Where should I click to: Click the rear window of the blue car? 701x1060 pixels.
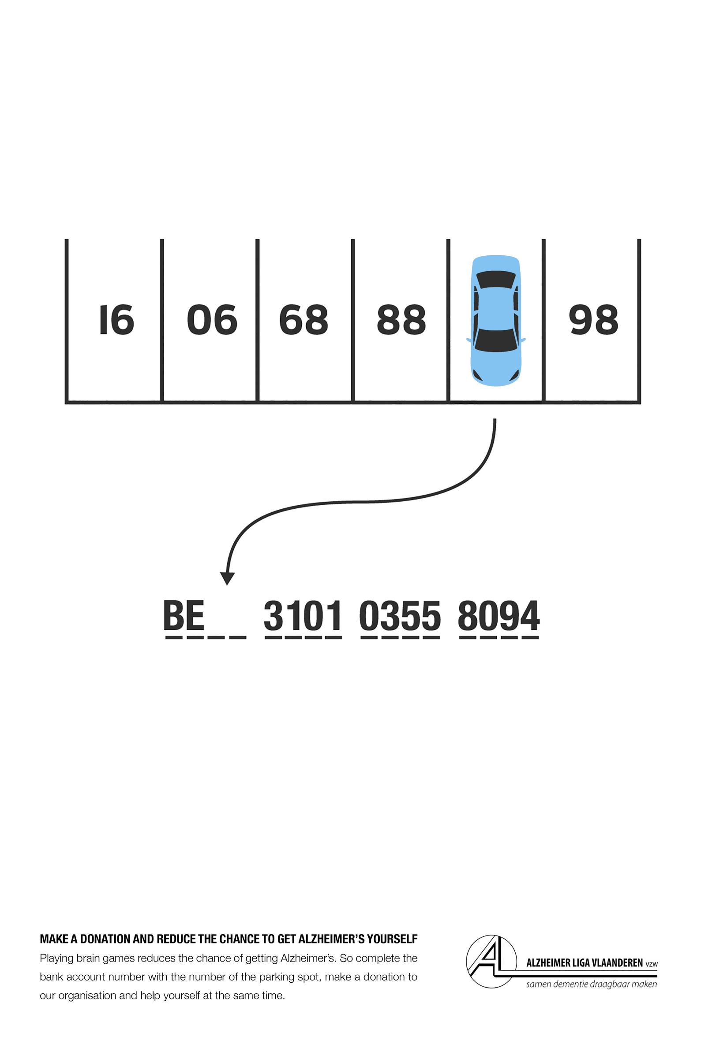[x=496, y=280]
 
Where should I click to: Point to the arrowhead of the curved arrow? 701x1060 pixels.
[x=228, y=579]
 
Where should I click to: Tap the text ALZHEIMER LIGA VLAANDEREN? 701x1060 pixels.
[x=585, y=963]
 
